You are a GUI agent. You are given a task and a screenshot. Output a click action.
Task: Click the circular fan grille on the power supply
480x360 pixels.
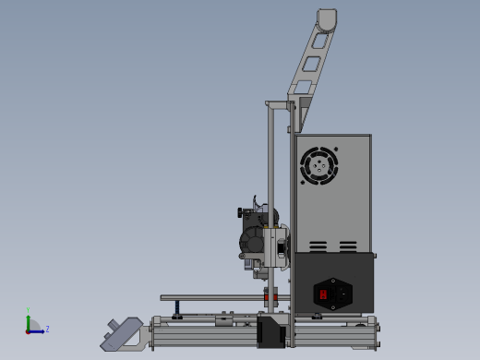tap(319, 166)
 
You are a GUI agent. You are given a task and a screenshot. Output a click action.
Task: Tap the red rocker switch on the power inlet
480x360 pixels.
tap(324, 294)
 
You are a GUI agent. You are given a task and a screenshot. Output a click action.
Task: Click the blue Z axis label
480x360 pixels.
tap(47, 329)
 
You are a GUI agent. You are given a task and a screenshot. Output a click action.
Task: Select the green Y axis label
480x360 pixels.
tap(28, 310)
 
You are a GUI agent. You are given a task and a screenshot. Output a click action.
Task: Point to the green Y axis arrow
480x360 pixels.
tap(28, 320)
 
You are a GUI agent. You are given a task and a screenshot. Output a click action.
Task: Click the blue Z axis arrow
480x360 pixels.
tap(39, 330)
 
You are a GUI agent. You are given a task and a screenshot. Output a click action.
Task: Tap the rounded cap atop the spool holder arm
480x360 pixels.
tap(327, 18)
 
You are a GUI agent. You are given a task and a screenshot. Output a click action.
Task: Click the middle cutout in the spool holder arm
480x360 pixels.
tap(312, 64)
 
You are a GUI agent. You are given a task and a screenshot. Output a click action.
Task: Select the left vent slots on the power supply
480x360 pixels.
tap(318, 246)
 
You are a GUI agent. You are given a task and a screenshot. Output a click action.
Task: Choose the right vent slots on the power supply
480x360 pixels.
tap(348, 246)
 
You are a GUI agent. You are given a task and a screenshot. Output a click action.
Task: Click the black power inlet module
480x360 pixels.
tap(334, 294)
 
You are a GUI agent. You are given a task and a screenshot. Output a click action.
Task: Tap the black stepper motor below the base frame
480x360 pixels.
tap(270, 332)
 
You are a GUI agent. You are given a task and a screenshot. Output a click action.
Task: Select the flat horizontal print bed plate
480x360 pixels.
tap(212, 297)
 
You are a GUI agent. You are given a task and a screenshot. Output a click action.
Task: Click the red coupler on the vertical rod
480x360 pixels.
tap(270, 298)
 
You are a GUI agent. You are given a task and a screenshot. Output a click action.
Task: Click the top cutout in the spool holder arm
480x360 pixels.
tap(322, 40)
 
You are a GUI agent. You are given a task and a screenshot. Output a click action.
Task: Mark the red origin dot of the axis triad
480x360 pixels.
tap(29, 330)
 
